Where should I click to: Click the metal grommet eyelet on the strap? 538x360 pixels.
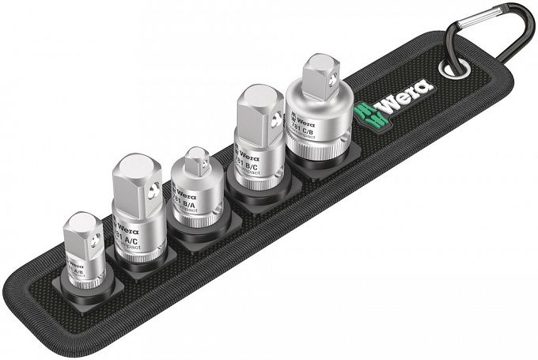coord(456,69)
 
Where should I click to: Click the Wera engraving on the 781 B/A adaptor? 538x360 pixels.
coord(184,192)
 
